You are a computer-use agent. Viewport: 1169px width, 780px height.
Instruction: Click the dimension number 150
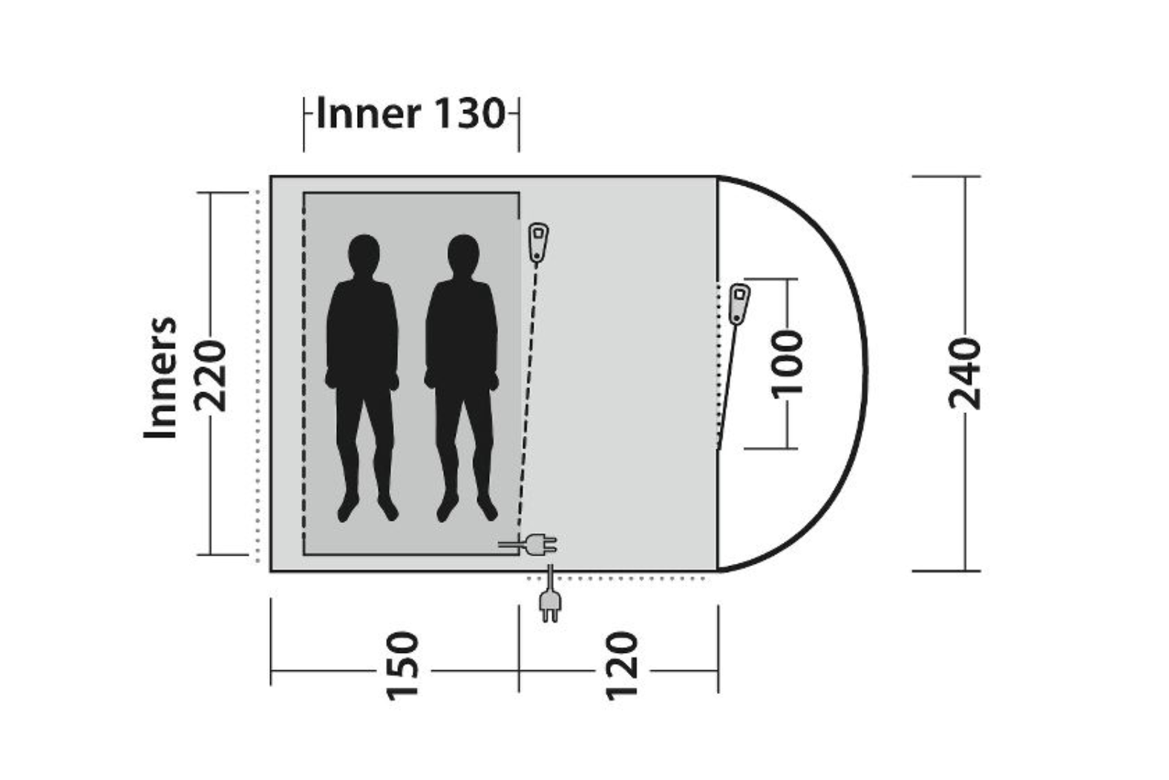pyautogui.click(x=402, y=666)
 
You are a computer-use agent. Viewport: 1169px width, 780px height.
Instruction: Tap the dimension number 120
pyautogui.click(x=621, y=666)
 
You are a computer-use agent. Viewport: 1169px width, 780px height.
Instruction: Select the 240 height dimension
pyautogui.click(x=964, y=374)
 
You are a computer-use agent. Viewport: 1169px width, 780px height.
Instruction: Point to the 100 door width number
pyautogui.click(x=787, y=363)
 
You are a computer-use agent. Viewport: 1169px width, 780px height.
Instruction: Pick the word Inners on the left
pyautogui.click(x=161, y=377)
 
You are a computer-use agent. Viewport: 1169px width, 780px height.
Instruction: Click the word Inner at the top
pyautogui.click(x=368, y=114)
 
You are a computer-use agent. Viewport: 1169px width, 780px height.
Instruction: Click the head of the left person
pyautogui.click(x=364, y=255)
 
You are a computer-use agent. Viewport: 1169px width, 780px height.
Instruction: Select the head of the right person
pyautogui.click(x=463, y=255)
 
